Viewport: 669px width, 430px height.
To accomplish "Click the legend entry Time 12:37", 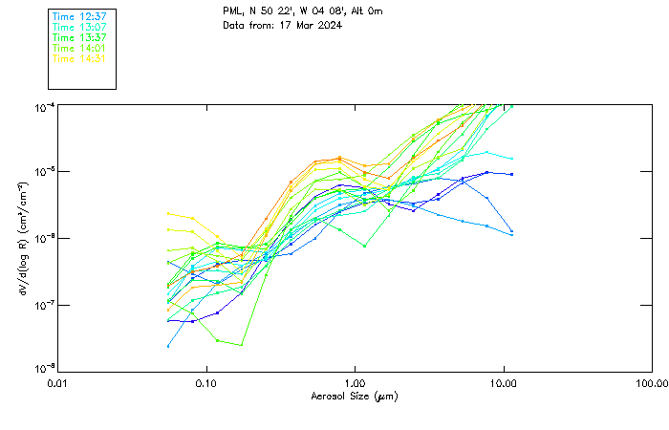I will click(x=78, y=17).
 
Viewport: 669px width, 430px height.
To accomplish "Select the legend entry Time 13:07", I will click(x=78, y=28).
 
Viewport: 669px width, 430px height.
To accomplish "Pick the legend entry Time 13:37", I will click(x=78, y=37).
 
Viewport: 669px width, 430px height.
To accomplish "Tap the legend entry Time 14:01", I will click(x=78, y=48).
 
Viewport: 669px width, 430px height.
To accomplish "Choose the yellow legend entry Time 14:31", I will click(x=78, y=58).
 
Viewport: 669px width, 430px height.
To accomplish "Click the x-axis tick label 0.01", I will click(x=58, y=383).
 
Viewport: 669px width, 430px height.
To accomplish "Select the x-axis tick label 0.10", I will click(x=206, y=383).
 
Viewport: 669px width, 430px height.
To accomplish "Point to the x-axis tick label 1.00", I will click(x=356, y=383).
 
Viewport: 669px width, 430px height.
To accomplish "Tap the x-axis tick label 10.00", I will click(x=504, y=383).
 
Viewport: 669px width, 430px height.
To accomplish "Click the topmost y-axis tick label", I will click(x=43, y=106).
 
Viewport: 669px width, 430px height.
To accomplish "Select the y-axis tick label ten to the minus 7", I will click(x=43, y=305).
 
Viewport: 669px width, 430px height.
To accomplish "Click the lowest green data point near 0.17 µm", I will click(x=241, y=345).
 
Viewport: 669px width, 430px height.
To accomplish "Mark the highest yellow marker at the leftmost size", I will click(x=168, y=213).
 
